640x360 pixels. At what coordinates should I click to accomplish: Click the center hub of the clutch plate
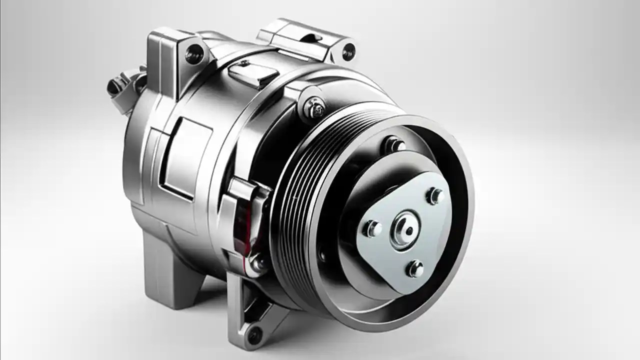pos(406,229)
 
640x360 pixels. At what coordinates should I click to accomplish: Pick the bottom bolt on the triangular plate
pos(414,269)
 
